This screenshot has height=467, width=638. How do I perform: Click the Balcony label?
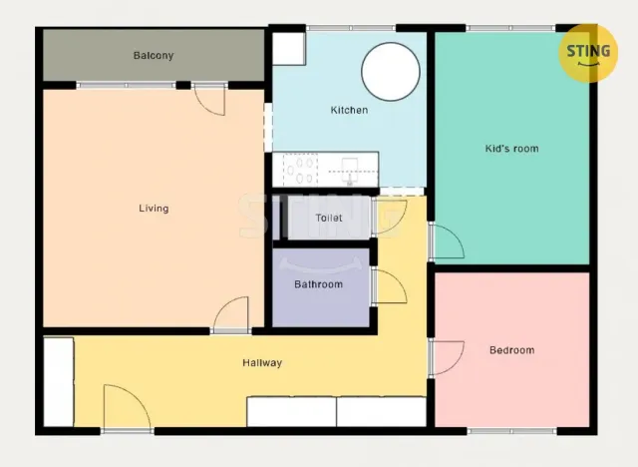(x=154, y=56)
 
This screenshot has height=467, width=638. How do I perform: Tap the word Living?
(x=154, y=209)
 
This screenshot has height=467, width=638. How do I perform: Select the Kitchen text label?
(x=349, y=110)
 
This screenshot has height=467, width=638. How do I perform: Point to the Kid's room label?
(x=511, y=149)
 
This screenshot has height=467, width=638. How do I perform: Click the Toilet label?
(x=328, y=218)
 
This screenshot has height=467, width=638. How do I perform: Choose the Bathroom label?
(x=318, y=284)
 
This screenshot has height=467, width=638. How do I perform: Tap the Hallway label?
(x=262, y=363)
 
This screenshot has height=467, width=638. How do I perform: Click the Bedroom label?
(x=511, y=350)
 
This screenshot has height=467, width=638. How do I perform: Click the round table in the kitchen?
(x=390, y=70)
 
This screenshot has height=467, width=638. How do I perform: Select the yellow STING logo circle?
(x=589, y=51)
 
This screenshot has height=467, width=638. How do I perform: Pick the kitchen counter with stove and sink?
(x=324, y=170)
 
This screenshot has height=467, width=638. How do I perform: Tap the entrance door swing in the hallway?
(x=127, y=409)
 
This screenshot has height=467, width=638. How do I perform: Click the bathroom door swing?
(x=389, y=286)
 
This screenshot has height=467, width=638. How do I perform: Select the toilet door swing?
(x=390, y=216)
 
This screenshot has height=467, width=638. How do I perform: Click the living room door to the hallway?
(x=230, y=315)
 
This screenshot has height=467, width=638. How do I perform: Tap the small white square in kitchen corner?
(x=289, y=49)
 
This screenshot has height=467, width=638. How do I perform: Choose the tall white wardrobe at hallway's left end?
(x=59, y=382)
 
